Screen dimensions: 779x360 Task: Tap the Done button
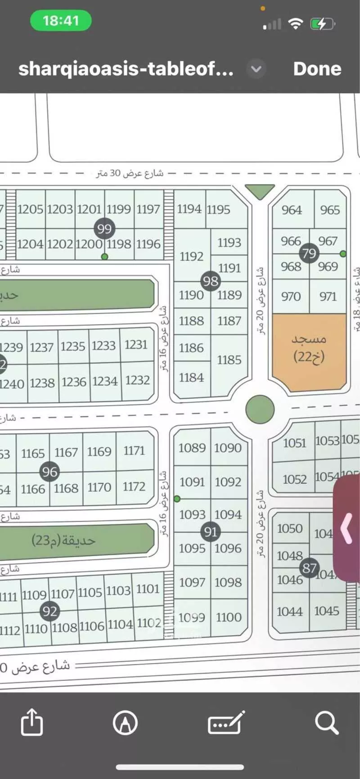317,69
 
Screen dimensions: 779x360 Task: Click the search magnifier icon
326,723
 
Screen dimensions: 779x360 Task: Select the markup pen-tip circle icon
125,723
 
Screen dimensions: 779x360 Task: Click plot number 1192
192,257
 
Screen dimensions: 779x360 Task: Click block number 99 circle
104,229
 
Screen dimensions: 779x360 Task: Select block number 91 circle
211,532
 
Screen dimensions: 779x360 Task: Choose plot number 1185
229,360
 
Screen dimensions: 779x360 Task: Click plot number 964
292,210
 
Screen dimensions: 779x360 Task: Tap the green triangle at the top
260,191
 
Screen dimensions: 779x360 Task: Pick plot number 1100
229,617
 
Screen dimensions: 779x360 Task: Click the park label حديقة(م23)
63,540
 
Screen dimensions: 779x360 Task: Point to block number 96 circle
49,472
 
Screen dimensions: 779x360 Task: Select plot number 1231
136,345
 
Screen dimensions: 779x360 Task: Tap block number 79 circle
309,253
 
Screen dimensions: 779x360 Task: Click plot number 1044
290,611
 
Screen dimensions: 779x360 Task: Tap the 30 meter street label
130,173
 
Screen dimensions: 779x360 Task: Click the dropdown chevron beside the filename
256,69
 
